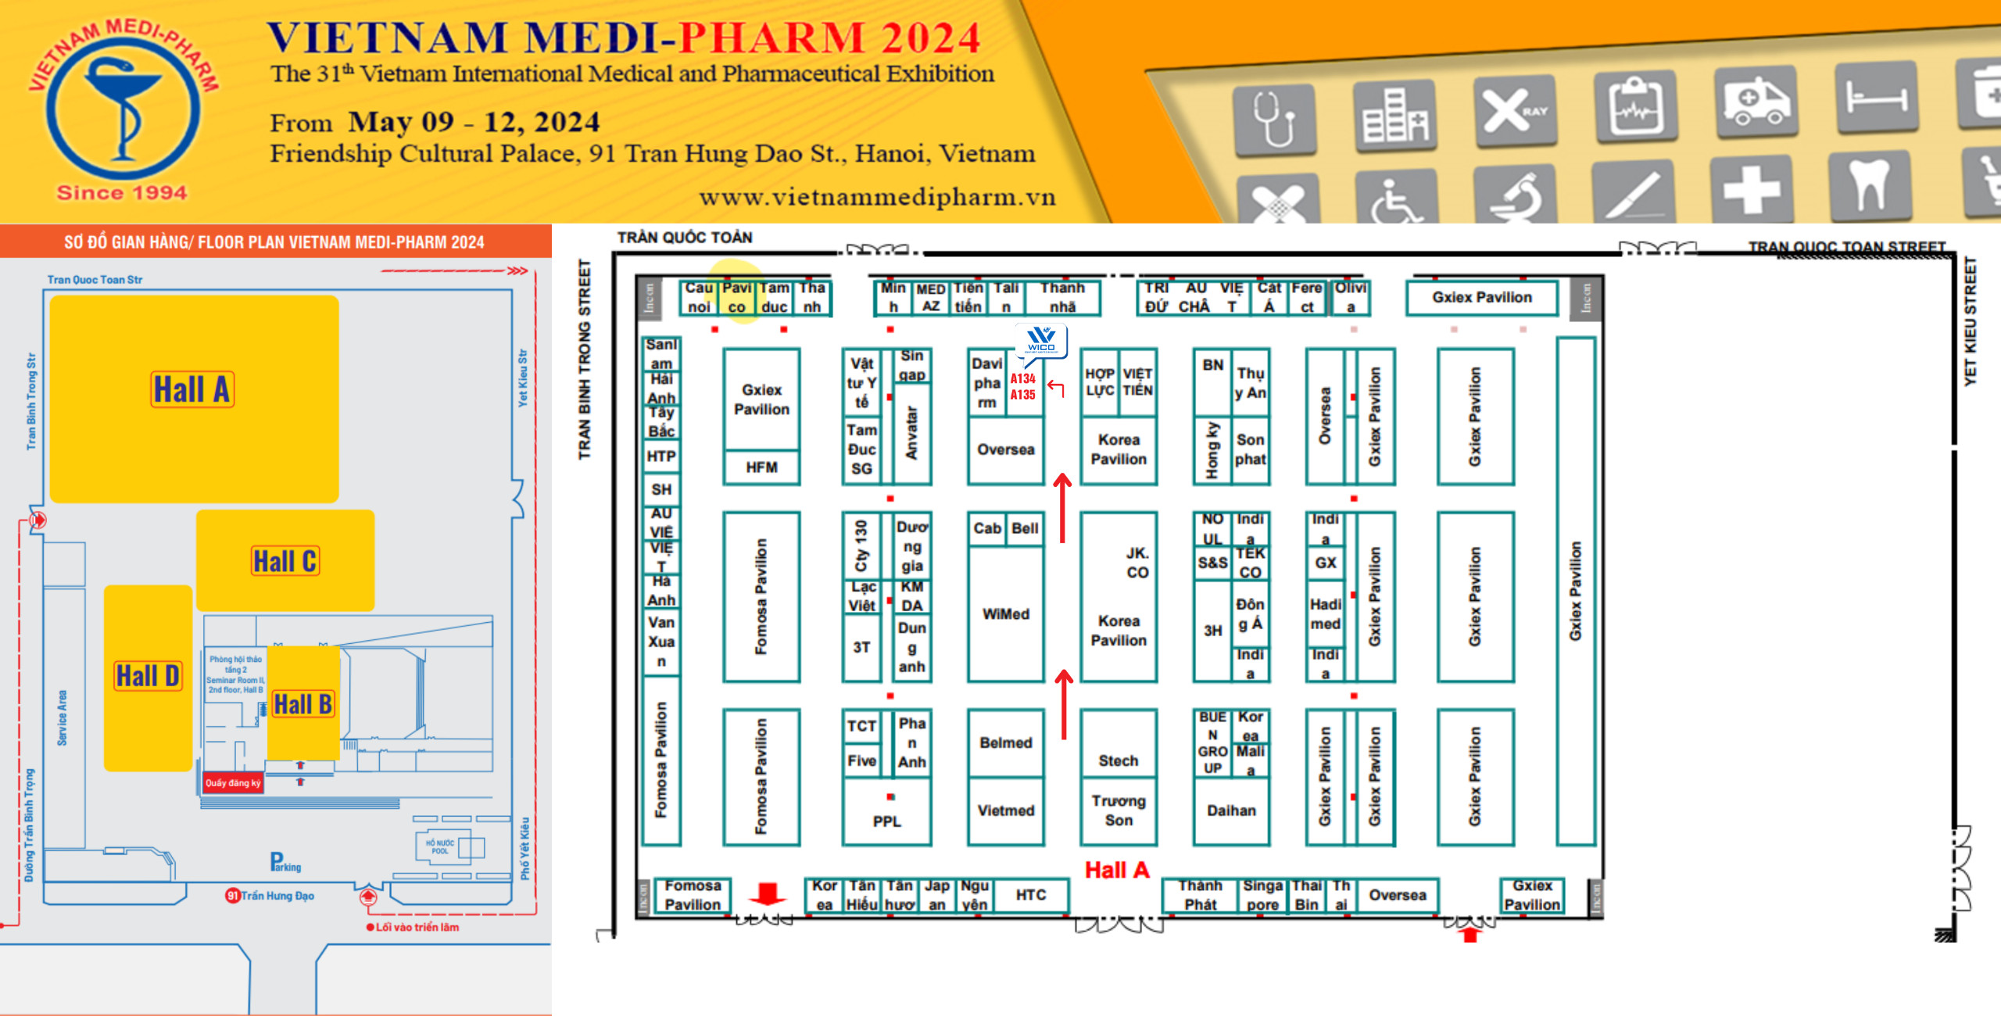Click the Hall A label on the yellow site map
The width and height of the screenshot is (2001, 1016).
click(x=192, y=389)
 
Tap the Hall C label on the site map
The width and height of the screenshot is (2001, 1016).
click(x=285, y=560)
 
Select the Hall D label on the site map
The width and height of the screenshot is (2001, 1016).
click(x=148, y=675)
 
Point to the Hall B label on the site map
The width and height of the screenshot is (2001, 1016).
click(x=303, y=704)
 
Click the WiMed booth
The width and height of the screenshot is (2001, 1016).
click(x=1006, y=614)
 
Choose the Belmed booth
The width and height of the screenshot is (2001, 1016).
click(x=1006, y=742)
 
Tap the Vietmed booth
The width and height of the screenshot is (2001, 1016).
click(x=1006, y=810)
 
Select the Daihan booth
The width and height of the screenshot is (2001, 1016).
click(x=1231, y=810)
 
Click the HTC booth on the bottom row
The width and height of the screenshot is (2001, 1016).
click(x=1030, y=895)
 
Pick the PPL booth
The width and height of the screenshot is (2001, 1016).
click(x=887, y=821)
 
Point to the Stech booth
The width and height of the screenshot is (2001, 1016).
click(x=1119, y=760)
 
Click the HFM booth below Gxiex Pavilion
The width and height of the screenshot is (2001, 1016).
click(x=761, y=467)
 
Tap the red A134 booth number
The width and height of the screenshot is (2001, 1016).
click(x=1022, y=379)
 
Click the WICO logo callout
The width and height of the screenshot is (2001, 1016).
click(x=1041, y=340)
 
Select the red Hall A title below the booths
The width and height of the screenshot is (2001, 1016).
click(x=1117, y=870)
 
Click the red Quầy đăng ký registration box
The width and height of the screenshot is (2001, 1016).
click(x=233, y=782)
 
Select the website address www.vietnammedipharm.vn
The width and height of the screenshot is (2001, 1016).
click(x=877, y=197)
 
